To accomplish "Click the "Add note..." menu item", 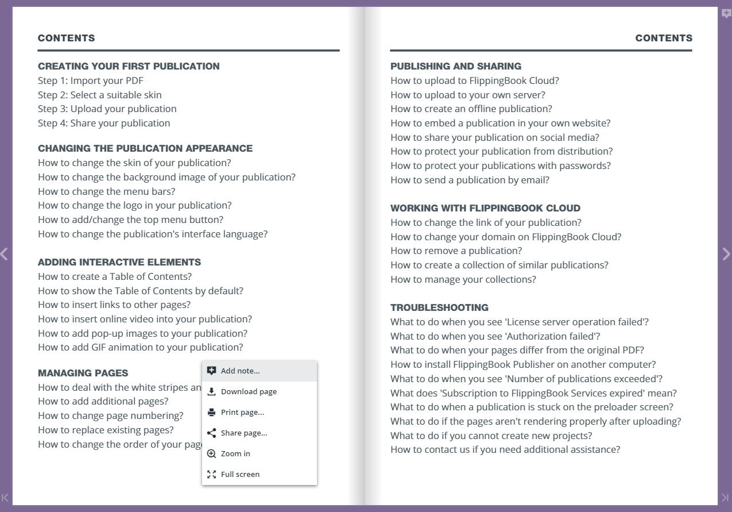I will (241, 371).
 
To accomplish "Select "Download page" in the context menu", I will (249, 392).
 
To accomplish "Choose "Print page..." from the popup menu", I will (242, 413).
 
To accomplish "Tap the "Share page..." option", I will (244, 433).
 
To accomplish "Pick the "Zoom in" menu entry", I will (235, 454).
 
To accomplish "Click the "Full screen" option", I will (240, 475).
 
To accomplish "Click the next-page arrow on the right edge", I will (726, 254).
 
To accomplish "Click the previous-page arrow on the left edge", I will (5, 254).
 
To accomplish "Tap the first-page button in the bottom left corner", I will (5, 498).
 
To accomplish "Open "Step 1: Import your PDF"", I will (91, 80).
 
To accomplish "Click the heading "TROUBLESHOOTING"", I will (439, 307).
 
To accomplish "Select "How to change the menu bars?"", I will (107, 191).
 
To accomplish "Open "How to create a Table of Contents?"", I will (115, 276).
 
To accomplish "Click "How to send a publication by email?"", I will (470, 180).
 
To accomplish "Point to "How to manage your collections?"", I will (463, 279).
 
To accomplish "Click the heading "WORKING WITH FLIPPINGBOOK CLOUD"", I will (485, 208).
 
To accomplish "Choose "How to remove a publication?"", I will (456, 251).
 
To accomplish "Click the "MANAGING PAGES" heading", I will (83, 373).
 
